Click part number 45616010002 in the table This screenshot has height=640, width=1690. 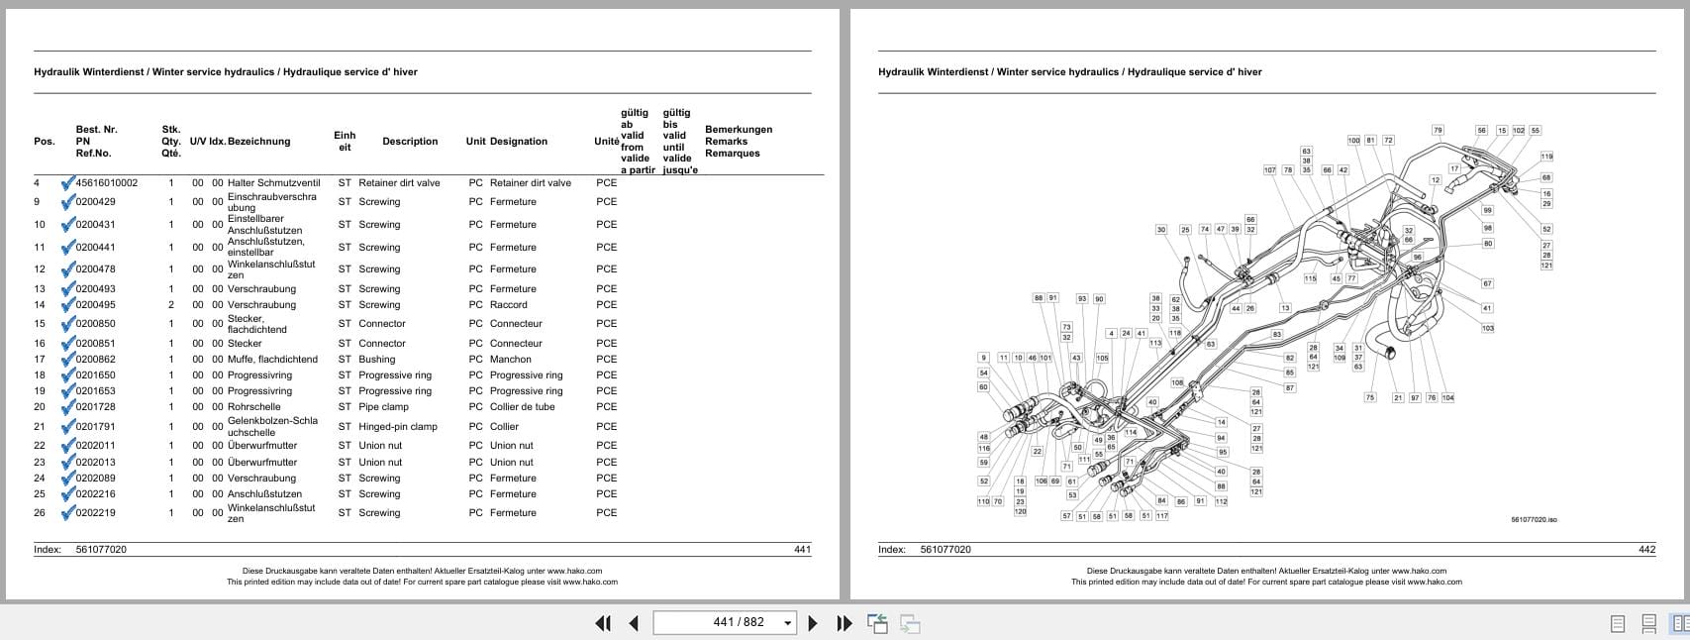point(106,183)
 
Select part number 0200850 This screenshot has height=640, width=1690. point(95,324)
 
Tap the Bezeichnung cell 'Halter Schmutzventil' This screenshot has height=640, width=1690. point(273,183)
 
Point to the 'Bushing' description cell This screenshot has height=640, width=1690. point(376,360)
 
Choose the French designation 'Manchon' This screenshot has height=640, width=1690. point(510,360)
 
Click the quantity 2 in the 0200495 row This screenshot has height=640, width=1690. point(170,305)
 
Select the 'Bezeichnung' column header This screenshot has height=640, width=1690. point(258,142)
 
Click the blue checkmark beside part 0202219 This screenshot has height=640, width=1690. point(67,513)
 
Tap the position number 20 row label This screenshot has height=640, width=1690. point(40,407)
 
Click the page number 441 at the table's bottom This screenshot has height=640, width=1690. point(802,550)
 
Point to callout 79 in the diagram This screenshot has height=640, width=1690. point(1438,130)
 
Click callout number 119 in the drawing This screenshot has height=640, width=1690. point(1546,157)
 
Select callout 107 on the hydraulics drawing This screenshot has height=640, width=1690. point(1269,170)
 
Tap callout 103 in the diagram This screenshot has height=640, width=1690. point(1487,328)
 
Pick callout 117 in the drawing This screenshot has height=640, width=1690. point(1161,516)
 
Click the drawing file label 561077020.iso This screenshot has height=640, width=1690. point(1534,520)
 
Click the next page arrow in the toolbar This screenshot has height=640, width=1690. point(813,623)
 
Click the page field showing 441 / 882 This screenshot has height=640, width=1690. point(726,622)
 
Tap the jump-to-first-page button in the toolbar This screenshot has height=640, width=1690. point(602,623)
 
